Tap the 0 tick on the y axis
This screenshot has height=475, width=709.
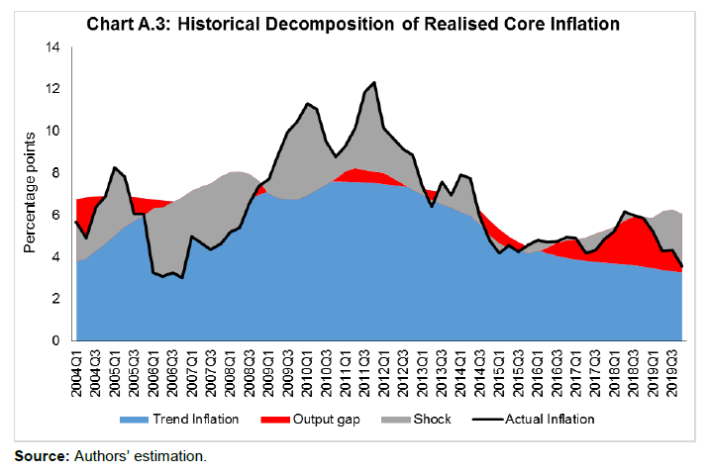point(55,340)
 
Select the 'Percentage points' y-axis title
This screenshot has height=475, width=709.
point(29,194)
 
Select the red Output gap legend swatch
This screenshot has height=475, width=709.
point(279,419)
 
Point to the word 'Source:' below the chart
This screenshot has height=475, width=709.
point(40,456)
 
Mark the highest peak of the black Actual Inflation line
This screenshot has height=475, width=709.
point(374,82)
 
